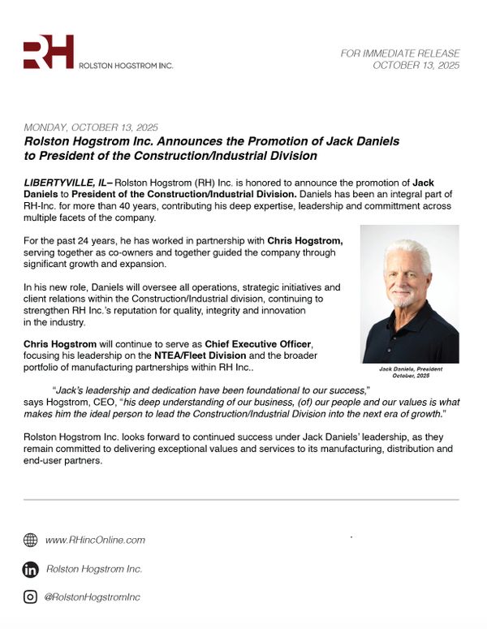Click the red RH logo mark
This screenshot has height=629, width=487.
click(48, 52)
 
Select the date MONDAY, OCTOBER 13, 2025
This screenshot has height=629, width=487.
click(91, 128)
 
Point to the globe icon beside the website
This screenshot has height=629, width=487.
click(31, 540)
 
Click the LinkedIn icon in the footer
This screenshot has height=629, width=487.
click(31, 569)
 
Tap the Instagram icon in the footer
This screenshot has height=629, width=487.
click(31, 597)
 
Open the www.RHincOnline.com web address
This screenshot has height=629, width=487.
click(95, 540)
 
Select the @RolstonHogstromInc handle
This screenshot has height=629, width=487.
click(92, 597)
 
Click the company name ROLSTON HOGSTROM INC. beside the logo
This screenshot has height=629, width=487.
click(126, 65)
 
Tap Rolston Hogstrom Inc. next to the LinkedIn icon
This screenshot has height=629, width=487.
click(93, 569)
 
